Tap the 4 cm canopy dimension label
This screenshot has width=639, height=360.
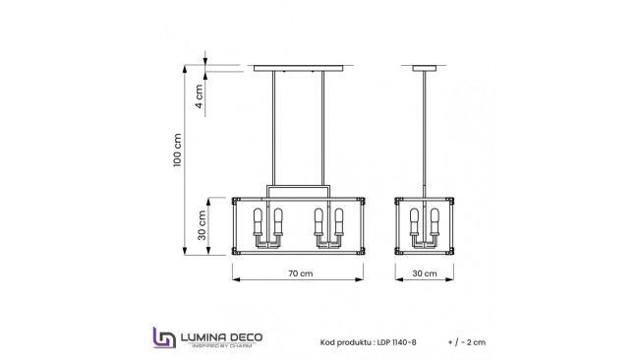(x=199, y=97)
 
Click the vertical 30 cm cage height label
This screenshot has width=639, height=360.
(x=201, y=226)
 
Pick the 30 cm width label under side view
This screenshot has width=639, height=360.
(x=425, y=273)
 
